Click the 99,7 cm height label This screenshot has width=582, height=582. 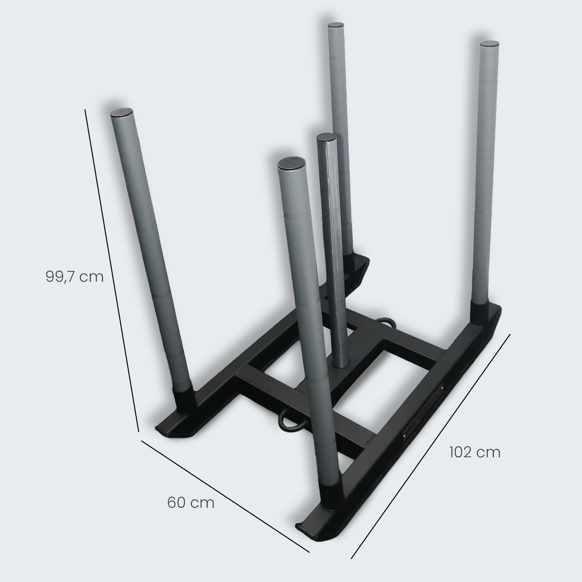pyautogui.click(x=75, y=276)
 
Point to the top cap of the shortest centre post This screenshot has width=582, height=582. pyautogui.click(x=326, y=137)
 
